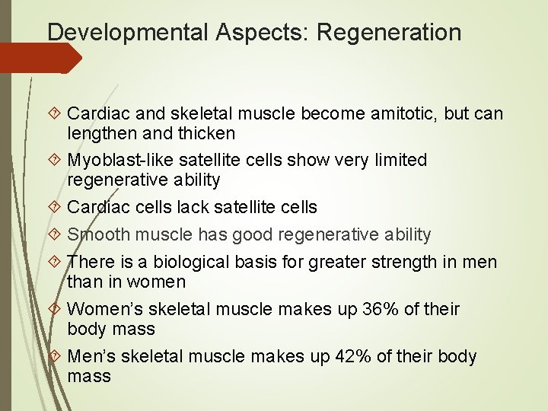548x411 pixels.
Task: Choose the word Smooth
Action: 95,234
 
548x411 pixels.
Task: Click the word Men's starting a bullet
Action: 89,356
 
